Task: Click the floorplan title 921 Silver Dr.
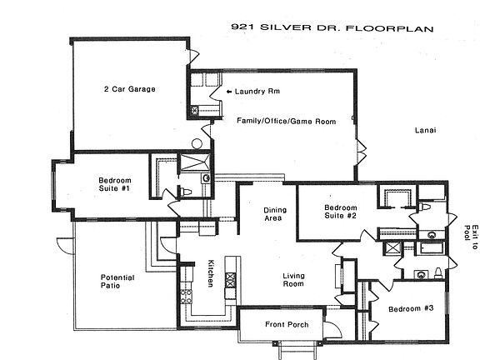332,27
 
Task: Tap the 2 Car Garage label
130,89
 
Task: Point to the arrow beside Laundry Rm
229,92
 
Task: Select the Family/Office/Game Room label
286,121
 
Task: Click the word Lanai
426,130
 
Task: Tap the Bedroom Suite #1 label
115,184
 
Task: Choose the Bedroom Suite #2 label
340,212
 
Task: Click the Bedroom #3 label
411,308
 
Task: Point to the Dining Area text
275,214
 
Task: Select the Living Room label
293,280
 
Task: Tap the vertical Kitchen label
211,273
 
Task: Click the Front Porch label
287,324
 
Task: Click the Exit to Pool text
471,237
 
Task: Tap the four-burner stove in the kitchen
186,297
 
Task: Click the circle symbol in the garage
197,144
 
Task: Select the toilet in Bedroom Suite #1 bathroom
186,192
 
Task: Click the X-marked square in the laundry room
194,110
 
